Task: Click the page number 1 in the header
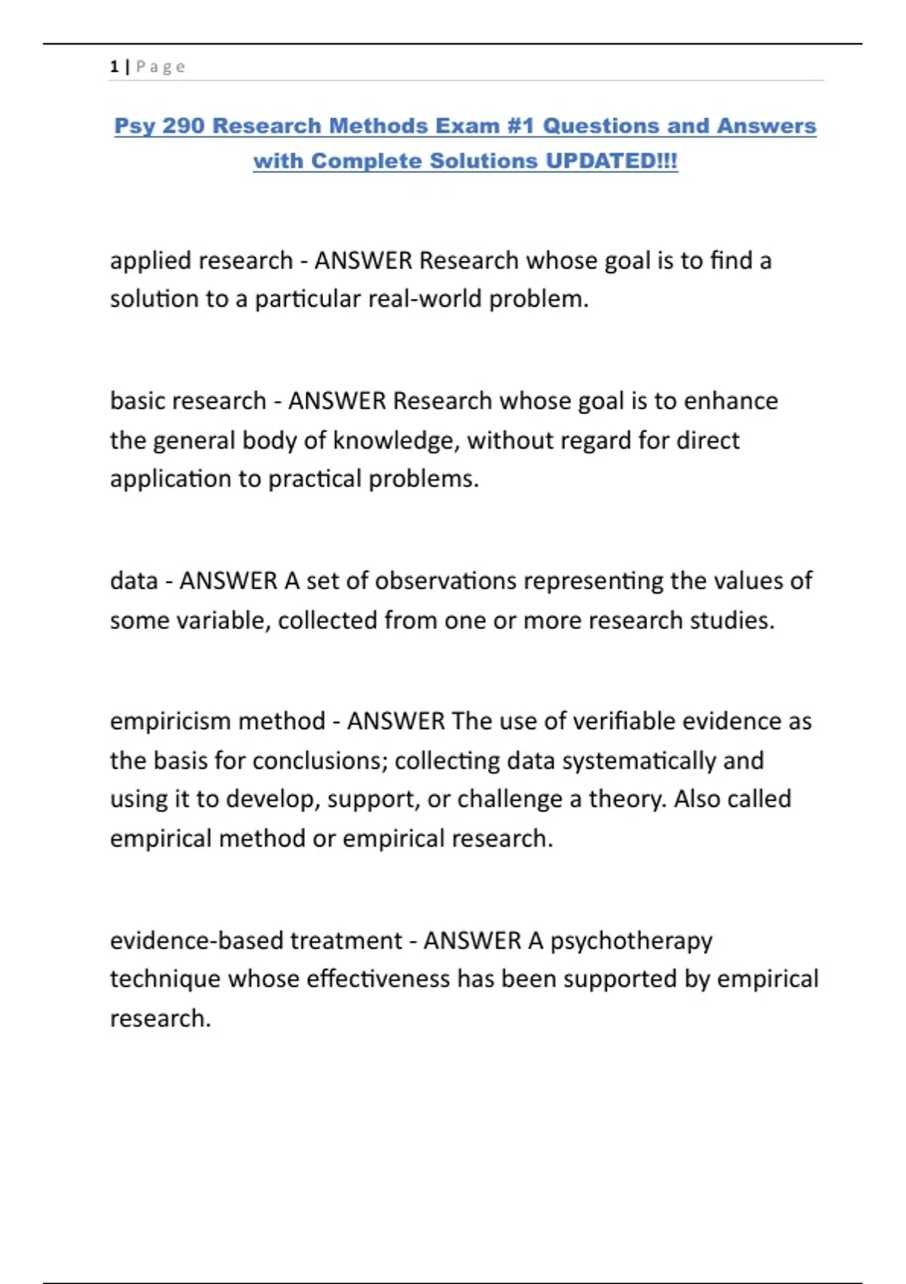pyautogui.click(x=114, y=66)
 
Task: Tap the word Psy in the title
pyautogui.click(x=135, y=125)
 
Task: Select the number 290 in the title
pyautogui.click(x=183, y=125)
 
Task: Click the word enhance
pyautogui.click(x=730, y=400)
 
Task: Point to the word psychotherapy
pyautogui.click(x=631, y=941)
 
